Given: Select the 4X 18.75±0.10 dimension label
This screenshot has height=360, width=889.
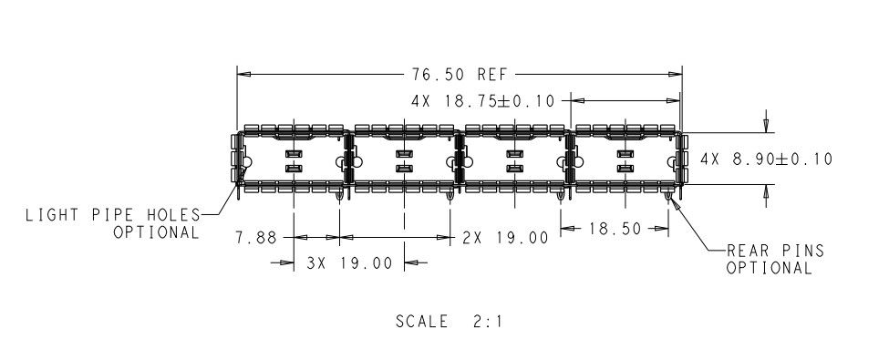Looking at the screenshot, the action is pos(482,101).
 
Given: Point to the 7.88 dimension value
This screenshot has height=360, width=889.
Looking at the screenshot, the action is pos(256,238).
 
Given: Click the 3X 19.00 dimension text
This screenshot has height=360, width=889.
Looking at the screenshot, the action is pos(349,263).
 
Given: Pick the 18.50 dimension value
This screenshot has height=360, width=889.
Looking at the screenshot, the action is pos(615,229).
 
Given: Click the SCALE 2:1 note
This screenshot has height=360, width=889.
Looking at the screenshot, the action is pos(449,322).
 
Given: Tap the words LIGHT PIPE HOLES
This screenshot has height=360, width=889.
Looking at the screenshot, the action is pos(112,215).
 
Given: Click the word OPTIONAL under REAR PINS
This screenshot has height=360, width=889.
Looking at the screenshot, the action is pos(770,268).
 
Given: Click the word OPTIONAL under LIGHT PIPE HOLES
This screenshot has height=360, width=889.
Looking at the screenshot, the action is pos(157,233).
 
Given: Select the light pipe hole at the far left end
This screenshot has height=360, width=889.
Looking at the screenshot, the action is pos(246,163).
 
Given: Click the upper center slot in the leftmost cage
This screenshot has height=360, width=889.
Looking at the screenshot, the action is pos(293,154).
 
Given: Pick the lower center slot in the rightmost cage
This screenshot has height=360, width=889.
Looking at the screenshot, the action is pos(625,169).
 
